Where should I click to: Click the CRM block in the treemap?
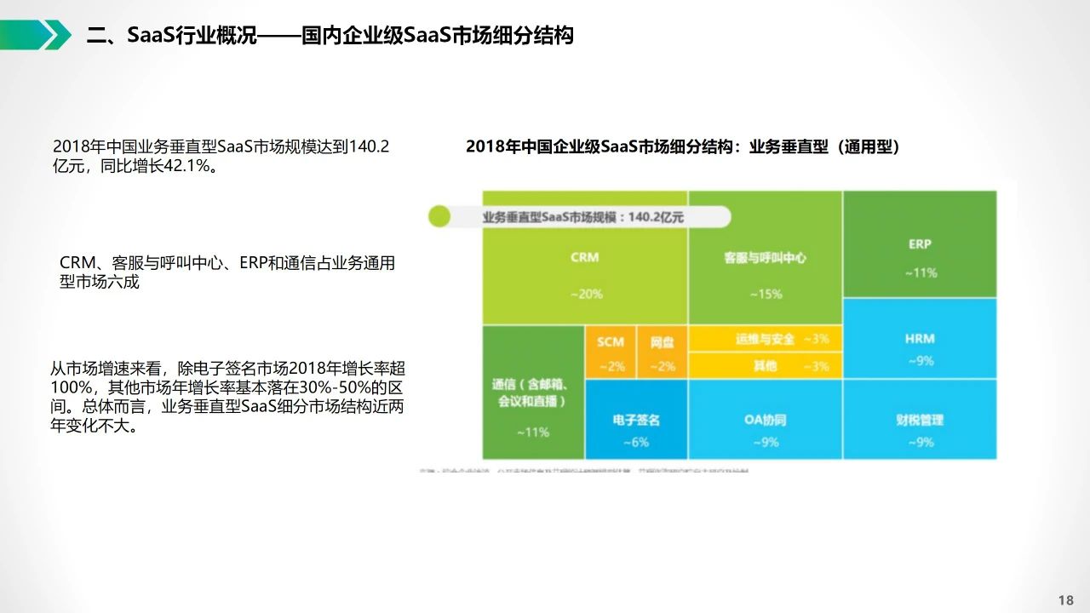pos(585,272)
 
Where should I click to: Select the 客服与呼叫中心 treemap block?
pos(765,272)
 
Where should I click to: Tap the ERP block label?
pos(920,244)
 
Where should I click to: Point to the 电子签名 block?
pos(636,421)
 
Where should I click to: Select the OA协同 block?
pos(765,421)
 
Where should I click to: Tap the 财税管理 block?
pos(920,421)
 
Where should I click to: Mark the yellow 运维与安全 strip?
pos(765,339)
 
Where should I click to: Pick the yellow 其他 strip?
pos(765,366)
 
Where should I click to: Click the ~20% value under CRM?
pos(585,294)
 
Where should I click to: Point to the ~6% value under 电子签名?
pos(635,442)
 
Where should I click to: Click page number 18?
pos(1065,600)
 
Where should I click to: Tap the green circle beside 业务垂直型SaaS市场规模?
pos(439,216)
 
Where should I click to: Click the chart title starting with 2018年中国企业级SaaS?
pos(682,146)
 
